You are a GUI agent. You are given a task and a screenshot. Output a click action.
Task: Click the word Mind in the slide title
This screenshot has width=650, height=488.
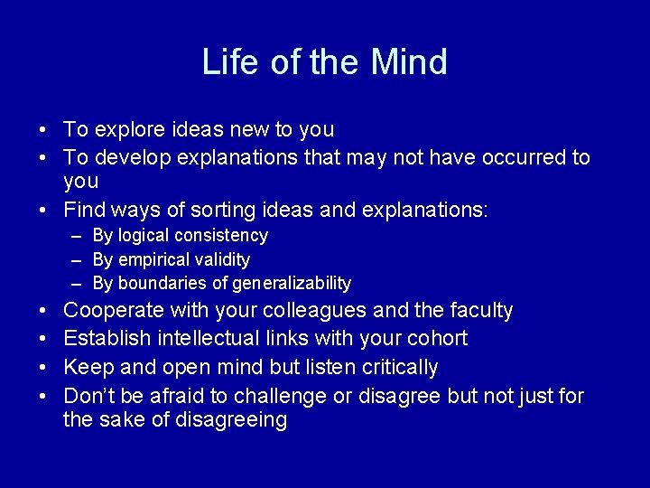[x=409, y=62]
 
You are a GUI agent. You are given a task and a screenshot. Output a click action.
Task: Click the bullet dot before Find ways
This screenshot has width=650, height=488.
[x=43, y=211]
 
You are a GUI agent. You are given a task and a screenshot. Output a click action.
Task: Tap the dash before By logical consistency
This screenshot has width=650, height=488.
[x=78, y=236]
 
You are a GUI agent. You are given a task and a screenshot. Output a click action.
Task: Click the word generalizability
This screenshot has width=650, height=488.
[x=292, y=284]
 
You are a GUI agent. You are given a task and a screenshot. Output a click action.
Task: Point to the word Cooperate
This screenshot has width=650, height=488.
[x=115, y=311]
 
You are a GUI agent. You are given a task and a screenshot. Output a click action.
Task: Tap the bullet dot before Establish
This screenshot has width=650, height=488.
[x=43, y=339]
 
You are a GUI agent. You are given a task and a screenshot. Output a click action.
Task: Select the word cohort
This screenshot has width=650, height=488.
[x=437, y=339]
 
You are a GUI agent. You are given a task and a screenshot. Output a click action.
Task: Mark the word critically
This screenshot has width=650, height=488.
[x=397, y=367]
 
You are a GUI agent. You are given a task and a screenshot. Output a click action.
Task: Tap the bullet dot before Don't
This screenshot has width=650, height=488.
[x=43, y=396]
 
